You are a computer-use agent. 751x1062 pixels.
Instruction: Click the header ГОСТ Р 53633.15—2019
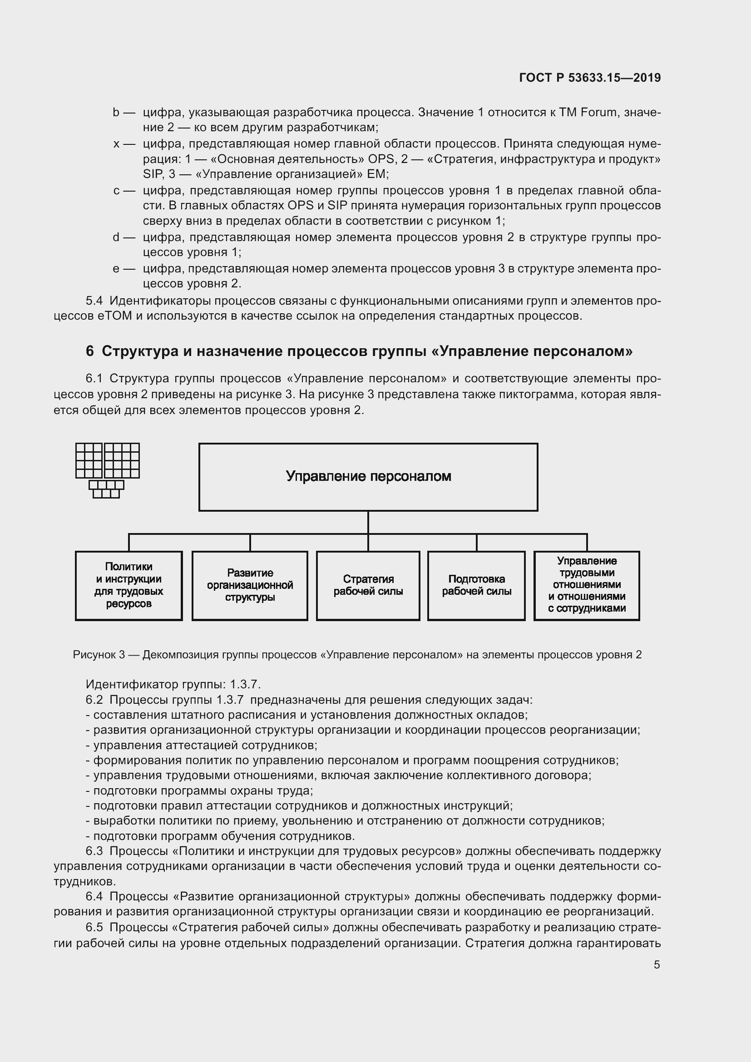pyautogui.click(x=590, y=78)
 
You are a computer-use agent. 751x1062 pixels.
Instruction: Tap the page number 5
pyautogui.click(x=657, y=964)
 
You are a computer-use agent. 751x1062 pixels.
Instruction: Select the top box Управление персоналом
pyautogui.click(x=368, y=477)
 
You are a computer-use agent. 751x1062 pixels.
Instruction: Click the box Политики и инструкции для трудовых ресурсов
pyautogui.click(x=128, y=585)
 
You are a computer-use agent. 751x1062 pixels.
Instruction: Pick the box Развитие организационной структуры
pyautogui.click(x=250, y=585)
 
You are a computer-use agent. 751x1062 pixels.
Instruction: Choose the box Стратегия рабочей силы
pyautogui.click(x=368, y=585)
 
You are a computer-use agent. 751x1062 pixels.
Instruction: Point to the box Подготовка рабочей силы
pyautogui.click(x=476, y=585)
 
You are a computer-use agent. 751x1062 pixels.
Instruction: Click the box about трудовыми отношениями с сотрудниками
pyautogui.click(x=586, y=585)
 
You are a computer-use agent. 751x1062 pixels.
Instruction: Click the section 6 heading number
pyautogui.click(x=90, y=351)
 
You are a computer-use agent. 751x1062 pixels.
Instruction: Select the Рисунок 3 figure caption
pyautogui.click(x=357, y=655)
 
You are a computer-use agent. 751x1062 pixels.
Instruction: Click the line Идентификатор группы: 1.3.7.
pyautogui.click(x=173, y=684)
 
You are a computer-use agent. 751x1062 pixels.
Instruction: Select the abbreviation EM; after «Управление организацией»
pyautogui.click(x=378, y=174)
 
